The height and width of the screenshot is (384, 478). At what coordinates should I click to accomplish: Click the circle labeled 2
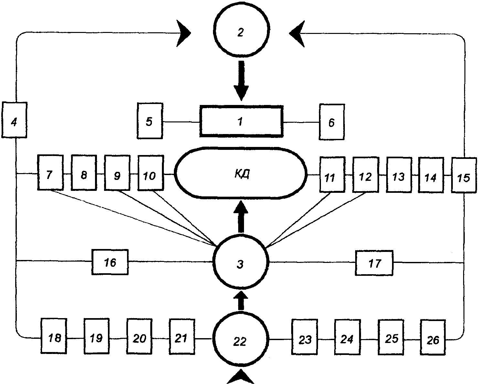pos(240,33)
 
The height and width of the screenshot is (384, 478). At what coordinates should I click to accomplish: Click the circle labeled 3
pos(240,263)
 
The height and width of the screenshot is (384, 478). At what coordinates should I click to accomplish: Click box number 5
pos(149,121)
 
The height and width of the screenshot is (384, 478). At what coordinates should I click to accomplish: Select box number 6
pos(332,122)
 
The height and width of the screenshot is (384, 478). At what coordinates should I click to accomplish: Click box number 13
pos(398,175)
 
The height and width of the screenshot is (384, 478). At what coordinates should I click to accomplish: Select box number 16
pos(110,262)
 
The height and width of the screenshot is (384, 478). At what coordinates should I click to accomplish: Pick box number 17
pos(374,263)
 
